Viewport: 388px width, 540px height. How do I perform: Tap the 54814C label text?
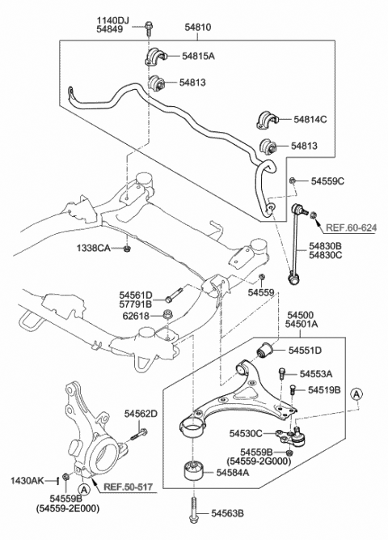pos(310,119)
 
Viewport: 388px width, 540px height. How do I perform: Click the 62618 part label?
pos(135,316)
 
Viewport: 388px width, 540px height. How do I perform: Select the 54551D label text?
pos(305,350)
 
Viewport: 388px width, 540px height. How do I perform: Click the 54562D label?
pos(140,414)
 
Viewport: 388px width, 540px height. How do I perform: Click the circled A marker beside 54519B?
pos(357,393)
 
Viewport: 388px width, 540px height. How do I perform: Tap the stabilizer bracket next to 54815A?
pos(154,57)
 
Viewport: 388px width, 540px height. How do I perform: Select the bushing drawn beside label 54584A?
pos(192,470)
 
